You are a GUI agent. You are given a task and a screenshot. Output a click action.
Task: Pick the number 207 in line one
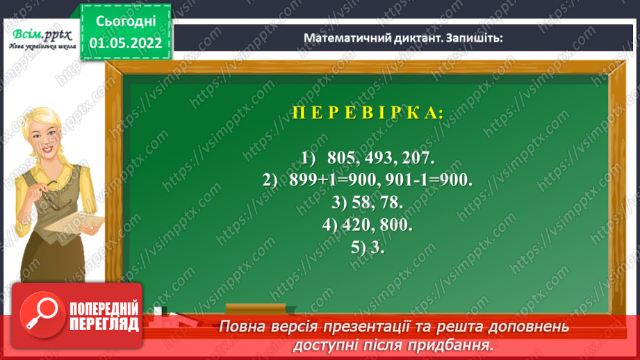tap(429, 158)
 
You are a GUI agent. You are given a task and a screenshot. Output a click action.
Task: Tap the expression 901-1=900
tap(434, 180)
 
